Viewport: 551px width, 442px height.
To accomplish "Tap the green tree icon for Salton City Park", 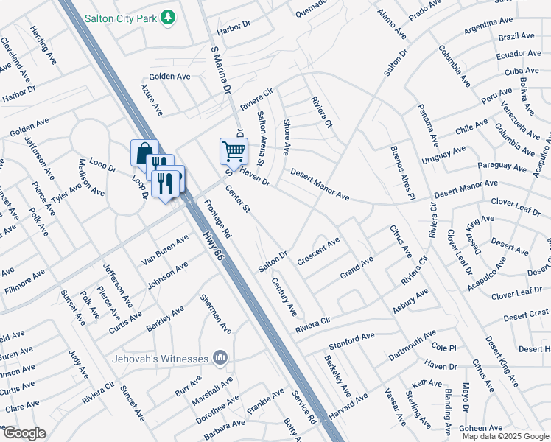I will click(x=169, y=15).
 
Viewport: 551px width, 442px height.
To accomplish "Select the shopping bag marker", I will click(x=144, y=153).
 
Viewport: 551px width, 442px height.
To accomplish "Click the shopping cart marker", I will click(x=234, y=151).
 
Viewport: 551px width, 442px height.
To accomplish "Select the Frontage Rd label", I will click(x=218, y=220).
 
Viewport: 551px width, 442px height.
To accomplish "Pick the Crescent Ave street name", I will click(x=318, y=251).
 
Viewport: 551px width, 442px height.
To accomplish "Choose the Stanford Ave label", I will click(x=352, y=340).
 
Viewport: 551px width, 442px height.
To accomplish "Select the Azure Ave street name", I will click(x=151, y=98).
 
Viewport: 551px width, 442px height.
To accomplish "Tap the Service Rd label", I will click(x=303, y=409).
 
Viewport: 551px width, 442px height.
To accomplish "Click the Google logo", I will click(x=24, y=433).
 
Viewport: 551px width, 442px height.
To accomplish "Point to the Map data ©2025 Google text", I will click(x=505, y=436).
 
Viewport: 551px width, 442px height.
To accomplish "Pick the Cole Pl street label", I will click(x=445, y=346).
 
